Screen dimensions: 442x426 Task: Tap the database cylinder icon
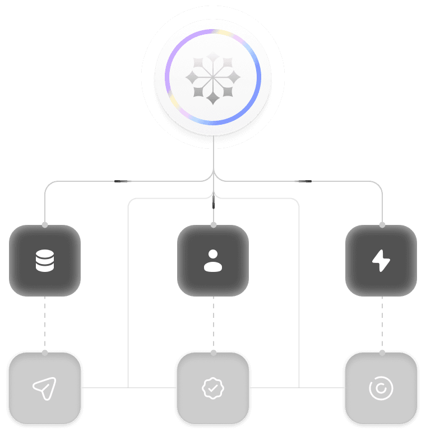(45, 261)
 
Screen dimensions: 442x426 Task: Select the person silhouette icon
(213, 261)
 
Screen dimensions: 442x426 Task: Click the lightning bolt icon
(381, 261)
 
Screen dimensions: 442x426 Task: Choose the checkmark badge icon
(213, 388)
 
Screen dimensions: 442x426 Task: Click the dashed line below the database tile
(45, 325)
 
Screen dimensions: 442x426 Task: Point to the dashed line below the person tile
(213, 325)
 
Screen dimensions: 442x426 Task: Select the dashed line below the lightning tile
(382, 325)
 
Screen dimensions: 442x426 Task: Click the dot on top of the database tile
(45, 225)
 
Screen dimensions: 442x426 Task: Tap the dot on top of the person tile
(213, 225)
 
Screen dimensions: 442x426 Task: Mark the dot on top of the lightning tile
(382, 225)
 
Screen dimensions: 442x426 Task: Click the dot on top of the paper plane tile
(45, 352)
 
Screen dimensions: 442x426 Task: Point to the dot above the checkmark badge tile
(213, 352)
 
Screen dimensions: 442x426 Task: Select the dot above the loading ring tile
(382, 352)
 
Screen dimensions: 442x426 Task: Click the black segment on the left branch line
(123, 181)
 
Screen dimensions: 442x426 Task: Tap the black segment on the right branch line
(303, 181)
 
